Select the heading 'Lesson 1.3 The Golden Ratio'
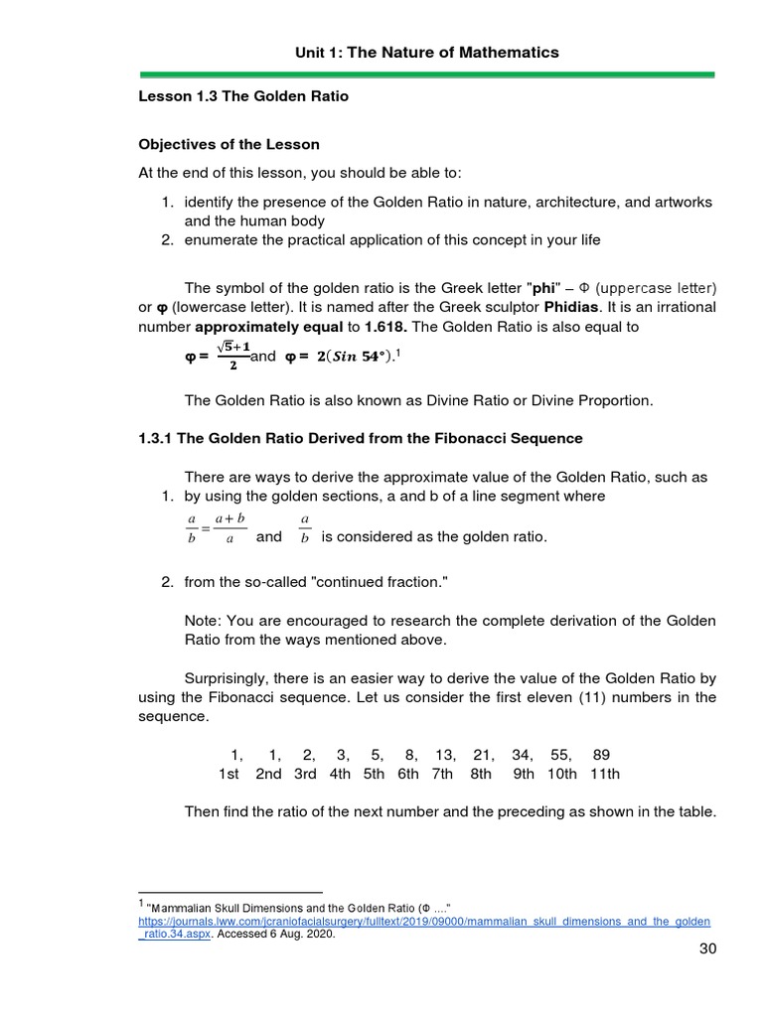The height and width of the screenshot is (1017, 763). click(x=242, y=97)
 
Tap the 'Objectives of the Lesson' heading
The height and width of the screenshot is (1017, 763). click(x=229, y=145)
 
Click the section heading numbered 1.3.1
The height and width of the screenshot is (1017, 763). click(x=360, y=438)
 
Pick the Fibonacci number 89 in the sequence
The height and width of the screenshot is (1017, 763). click(x=601, y=755)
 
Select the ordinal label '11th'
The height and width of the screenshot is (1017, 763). click(x=604, y=774)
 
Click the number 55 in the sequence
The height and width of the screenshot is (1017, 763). click(x=561, y=755)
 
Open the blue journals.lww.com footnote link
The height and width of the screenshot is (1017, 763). click(x=424, y=921)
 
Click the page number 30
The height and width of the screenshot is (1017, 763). click(x=706, y=948)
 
